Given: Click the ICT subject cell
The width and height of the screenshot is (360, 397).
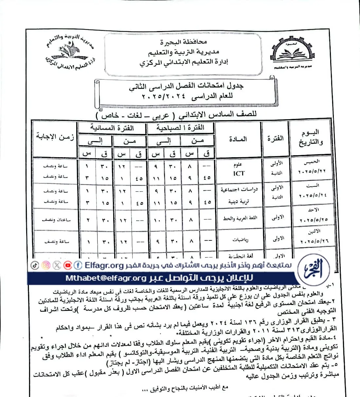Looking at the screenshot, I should [239, 173].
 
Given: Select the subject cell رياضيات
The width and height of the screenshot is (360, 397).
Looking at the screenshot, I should [240, 240].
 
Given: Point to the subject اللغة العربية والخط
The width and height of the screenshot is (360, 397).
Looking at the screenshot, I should [240, 218].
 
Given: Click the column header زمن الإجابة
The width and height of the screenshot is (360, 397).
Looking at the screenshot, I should [55, 137].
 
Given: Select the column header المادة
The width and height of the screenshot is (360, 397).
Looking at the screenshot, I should [238, 139].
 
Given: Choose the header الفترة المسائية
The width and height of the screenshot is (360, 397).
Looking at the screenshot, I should [112, 128].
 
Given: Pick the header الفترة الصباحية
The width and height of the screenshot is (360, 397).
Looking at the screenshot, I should [180, 128].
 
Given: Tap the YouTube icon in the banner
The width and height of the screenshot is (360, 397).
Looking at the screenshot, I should [68, 265].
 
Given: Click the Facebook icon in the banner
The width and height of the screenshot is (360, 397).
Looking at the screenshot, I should [78, 265].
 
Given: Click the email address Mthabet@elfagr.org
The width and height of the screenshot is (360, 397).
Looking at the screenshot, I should [106, 278].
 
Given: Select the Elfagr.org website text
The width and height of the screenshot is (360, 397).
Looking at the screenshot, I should [104, 266].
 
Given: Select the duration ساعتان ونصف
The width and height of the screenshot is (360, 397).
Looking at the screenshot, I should [56, 220].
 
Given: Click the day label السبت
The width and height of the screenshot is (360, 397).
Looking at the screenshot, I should [313, 186].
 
